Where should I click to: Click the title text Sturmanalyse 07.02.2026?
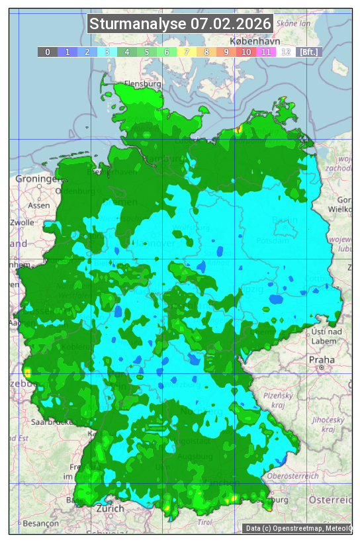[x=180, y=24]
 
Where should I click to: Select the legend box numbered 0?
[x=47, y=52]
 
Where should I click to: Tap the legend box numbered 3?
[x=107, y=52]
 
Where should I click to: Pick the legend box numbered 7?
[x=186, y=52]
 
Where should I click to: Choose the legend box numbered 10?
[x=246, y=52]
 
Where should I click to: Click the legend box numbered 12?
[x=285, y=52]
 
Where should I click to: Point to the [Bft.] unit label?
[x=308, y=52]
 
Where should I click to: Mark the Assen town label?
[x=39, y=205]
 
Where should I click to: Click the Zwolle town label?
[x=21, y=222]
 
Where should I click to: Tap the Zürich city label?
[x=110, y=508]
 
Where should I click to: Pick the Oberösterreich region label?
[x=294, y=475]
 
